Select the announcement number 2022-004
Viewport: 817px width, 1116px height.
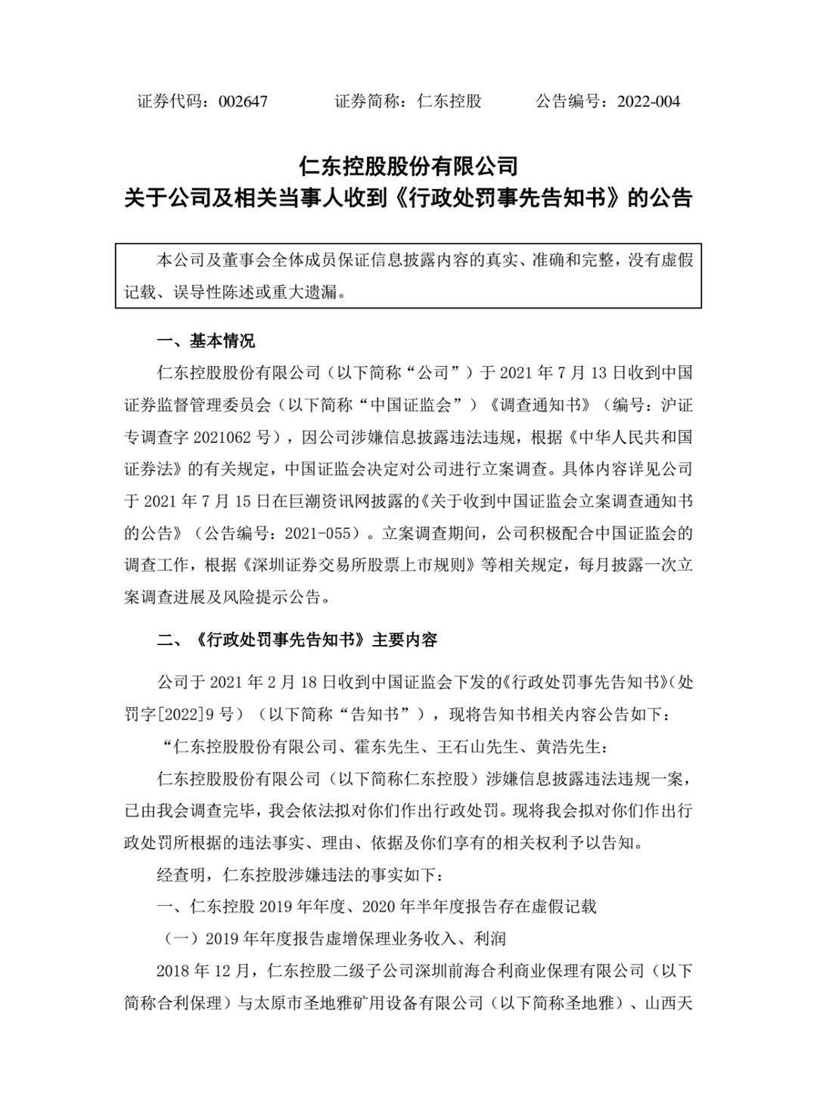pyautogui.click(x=648, y=101)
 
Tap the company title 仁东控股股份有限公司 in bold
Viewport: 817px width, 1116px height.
pyautogui.click(x=408, y=165)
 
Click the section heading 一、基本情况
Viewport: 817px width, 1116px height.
pyautogui.click(x=205, y=341)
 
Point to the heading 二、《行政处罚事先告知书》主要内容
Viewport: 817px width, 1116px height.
pyautogui.click(x=297, y=640)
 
